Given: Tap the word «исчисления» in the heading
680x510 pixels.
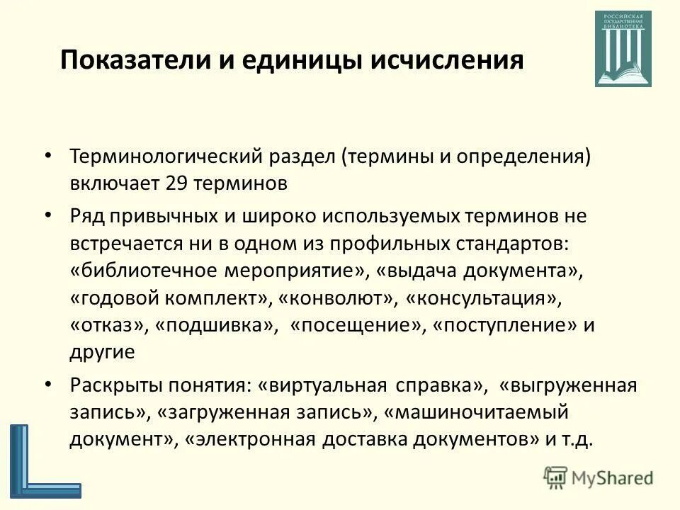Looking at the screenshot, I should (x=446, y=59).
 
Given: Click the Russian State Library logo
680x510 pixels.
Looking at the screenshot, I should (x=623, y=49).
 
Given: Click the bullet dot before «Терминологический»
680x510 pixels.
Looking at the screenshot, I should (x=47, y=156).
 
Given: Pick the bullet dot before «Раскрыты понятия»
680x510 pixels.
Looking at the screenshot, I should (x=47, y=385).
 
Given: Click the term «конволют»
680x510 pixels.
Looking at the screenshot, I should (x=336, y=298).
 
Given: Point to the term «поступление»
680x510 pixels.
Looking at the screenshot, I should (x=504, y=325).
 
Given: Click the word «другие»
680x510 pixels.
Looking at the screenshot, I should (x=102, y=352).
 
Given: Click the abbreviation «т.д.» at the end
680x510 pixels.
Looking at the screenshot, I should (x=576, y=438).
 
